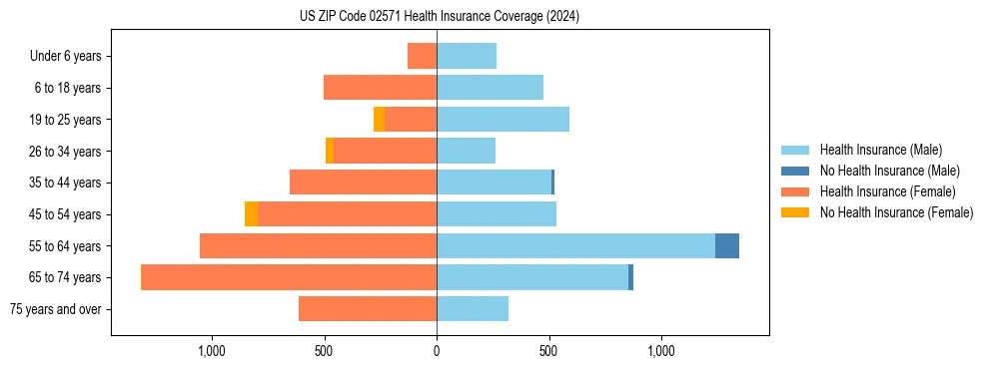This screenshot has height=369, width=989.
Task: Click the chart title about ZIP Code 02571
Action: pyautogui.click(x=439, y=16)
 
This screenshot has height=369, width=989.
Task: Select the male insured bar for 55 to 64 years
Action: pyautogui.click(x=575, y=245)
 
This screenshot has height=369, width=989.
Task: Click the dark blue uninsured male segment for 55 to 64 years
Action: pyautogui.click(x=727, y=245)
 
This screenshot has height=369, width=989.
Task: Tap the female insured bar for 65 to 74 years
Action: pyautogui.click(x=289, y=277)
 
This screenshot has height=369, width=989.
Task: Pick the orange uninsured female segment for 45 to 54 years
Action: pyautogui.click(x=251, y=214)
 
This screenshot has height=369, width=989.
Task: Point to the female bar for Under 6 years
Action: pyautogui.click(x=422, y=57)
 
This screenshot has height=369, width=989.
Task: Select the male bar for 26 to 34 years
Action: pyautogui.click(x=466, y=151)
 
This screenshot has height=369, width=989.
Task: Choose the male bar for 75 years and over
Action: pyautogui.click(x=473, y=309)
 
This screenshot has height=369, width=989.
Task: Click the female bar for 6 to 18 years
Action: pyautogui.click(x=380, y=88)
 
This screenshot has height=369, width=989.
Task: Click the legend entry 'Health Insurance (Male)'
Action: pyautogui.click(x=880, y=150)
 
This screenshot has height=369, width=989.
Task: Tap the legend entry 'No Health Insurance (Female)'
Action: pyautogui.click(x=896, y=212)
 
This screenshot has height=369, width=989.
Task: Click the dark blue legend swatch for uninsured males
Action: pyautogui.click(x=795, y=171)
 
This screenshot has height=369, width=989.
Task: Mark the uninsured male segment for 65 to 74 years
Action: pyautogui.click(x=630, y=277)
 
